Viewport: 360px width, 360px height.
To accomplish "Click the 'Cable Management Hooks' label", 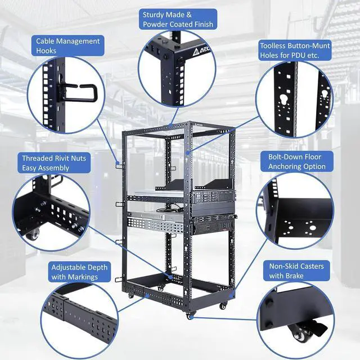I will (68, 46).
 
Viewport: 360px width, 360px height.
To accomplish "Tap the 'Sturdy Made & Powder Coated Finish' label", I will (178, 20).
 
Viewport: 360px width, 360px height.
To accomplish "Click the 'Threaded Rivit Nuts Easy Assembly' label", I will (54, 163).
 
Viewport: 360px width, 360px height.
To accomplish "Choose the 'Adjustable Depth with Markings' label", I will (79, 272).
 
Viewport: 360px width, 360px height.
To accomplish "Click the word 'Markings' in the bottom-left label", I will (82, 277).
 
